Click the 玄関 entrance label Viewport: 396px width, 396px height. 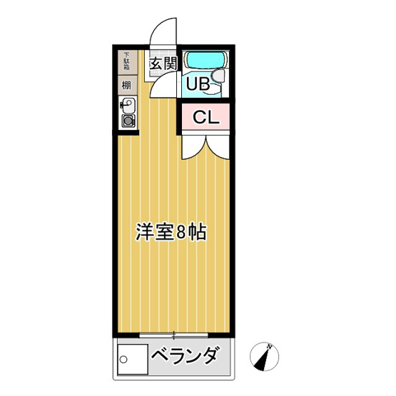pos(163,64)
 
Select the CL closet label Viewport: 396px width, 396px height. pos(205,117)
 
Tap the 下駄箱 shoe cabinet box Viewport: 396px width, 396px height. pos(126,62)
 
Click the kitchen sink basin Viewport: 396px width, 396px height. pos(128,106)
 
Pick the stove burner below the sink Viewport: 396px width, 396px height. pos(128,121)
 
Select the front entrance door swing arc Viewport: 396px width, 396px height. pos(163,30)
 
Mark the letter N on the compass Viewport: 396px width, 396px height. pos(270,347)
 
